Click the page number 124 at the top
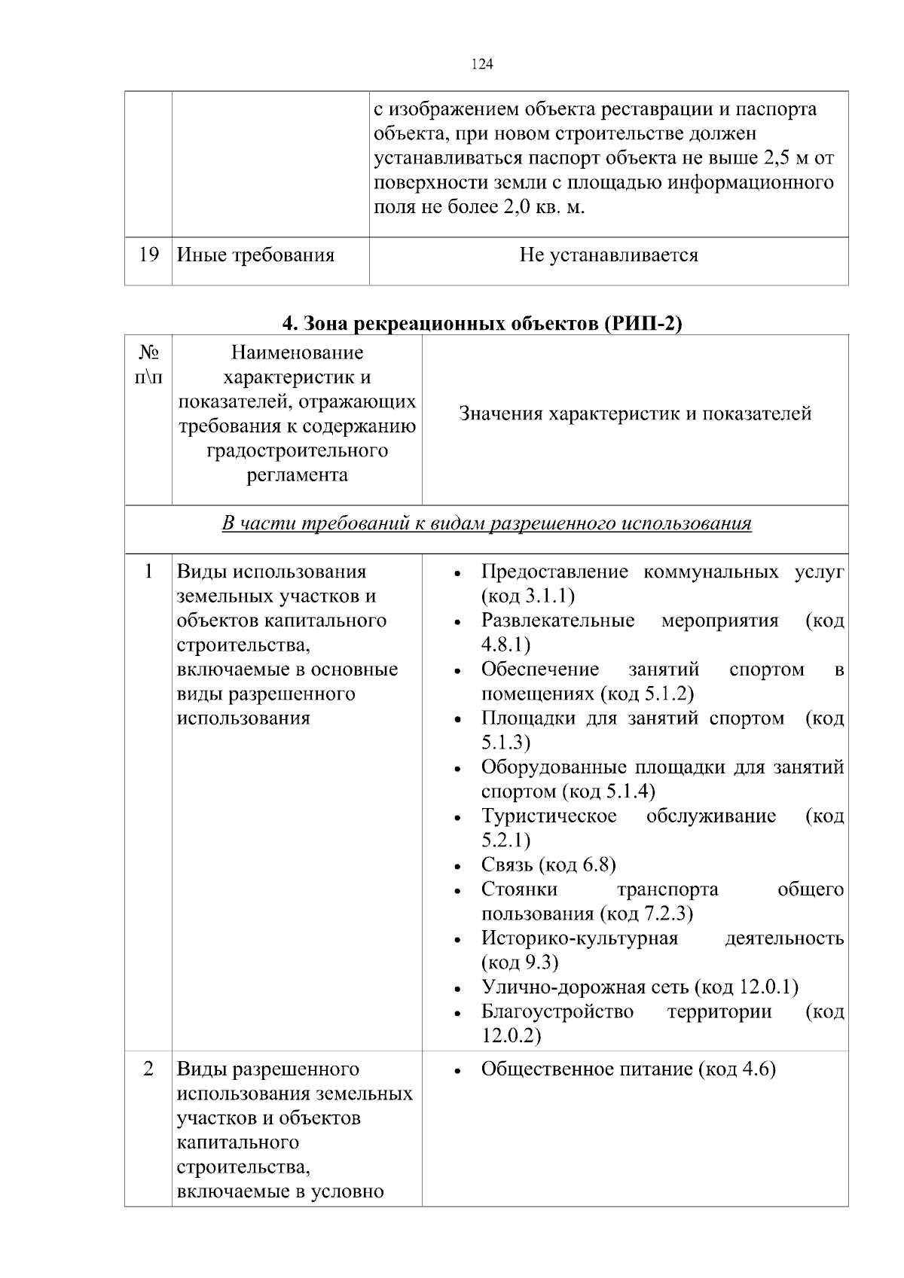tap(482, 65)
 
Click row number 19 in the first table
tap(148, 255)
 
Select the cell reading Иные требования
tap(255, 255)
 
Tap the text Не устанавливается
tap(608, 255)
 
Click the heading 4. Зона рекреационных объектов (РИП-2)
tap(482, 323)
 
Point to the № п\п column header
tap(148, 364)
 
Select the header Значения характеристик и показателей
tap(634, 413)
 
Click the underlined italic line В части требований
tap(487, 523)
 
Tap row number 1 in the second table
tap(148, 572)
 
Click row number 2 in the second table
tap(148, 1069)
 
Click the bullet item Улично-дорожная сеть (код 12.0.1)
tap(639, 987)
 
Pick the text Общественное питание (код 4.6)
tap(628, 1069)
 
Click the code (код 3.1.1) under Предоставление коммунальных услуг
tap(527, 596)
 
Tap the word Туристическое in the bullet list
tap(548, 816)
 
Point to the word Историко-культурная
tap(579, 938)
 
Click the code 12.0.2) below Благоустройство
tap(511, 1036)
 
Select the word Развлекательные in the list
tap(557, 621)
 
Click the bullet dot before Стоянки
tap(458, 892)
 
